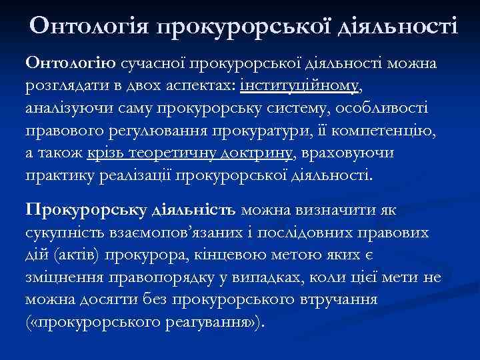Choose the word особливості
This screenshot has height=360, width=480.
[x=385, y=109]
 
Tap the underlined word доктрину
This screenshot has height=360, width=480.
[x=254, y=154]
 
